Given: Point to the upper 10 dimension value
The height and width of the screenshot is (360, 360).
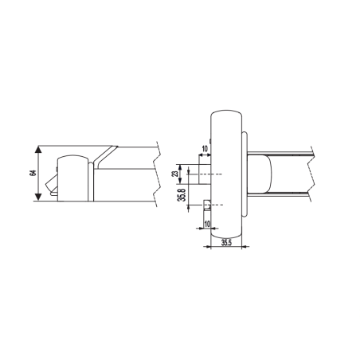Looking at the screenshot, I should pos(205,149).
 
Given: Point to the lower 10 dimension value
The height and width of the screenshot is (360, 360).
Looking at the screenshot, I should pos(207,225).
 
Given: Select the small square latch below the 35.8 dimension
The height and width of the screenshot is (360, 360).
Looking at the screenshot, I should pos(208,205).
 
